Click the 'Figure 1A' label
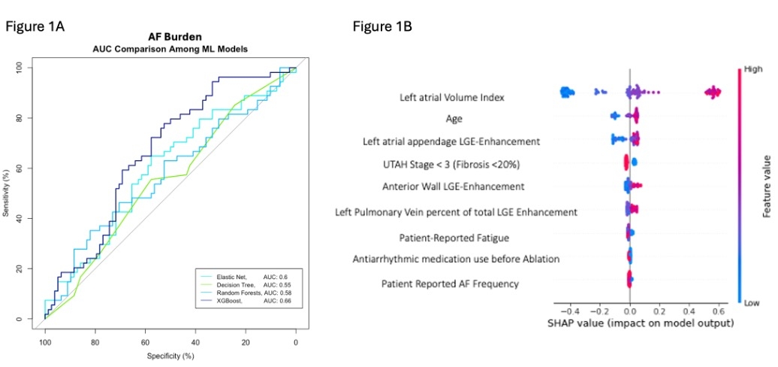click(x=35, y=26)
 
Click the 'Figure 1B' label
click(x=382, y=26)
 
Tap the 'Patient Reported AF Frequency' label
click(x=449, y=284)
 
